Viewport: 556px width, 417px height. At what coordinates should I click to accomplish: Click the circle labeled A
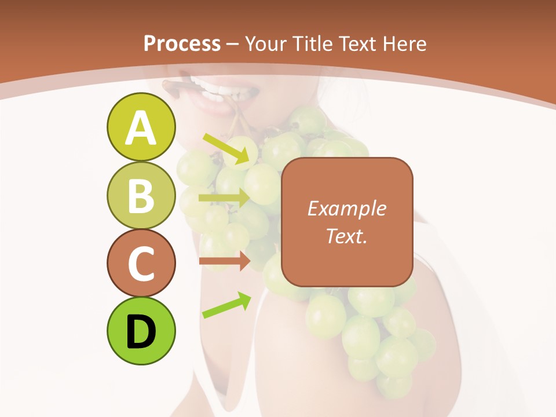pos(141,127)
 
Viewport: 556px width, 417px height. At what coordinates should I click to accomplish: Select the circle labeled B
pos(141,195)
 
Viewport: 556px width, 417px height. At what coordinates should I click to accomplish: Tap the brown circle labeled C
pos(141,263)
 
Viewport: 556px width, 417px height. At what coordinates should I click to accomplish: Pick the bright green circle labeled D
pos(141,331)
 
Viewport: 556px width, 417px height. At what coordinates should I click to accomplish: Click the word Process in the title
pos(182,43)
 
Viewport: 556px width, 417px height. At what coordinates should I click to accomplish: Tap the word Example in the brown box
pos(346,209)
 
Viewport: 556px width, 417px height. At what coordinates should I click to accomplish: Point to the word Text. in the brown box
pos(346,236)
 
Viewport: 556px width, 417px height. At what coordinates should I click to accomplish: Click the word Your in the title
pos(264,43)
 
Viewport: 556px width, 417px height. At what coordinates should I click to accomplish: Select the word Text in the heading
pos(358,43)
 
